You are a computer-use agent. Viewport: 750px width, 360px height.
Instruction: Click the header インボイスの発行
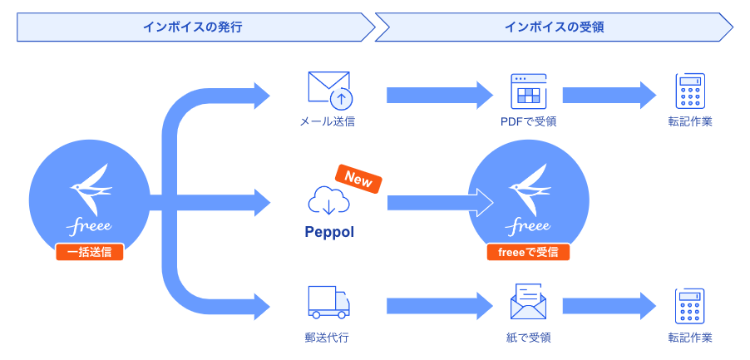pos(192,27)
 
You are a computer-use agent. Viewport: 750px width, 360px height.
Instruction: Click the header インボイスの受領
pos(554,27)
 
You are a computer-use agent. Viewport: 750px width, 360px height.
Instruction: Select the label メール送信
pos(328,121)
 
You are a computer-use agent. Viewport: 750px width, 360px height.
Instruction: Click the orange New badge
pos(358,179)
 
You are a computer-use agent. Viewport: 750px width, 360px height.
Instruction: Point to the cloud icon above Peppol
pos(328,200)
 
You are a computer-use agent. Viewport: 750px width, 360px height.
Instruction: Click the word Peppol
pos(329,232)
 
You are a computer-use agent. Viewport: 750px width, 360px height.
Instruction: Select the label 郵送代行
pos(327,338)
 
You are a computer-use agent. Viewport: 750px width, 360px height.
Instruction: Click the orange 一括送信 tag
pos(90,252)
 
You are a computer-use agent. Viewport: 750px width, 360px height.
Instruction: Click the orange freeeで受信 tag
pos(528,252)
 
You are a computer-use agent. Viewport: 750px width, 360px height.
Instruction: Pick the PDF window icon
pos(528,90)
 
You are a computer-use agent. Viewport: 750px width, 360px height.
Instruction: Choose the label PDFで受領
pos(528,121)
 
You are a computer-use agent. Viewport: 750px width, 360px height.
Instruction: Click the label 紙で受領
pos(528,338)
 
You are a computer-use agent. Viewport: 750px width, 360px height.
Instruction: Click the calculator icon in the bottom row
pos(690,305)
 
